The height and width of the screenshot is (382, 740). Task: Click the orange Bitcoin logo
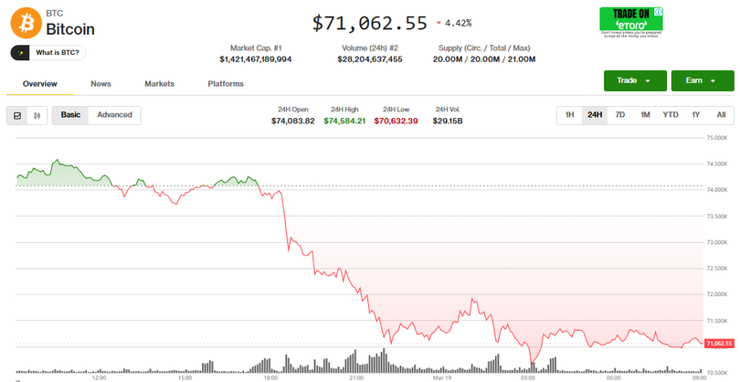point(26,21)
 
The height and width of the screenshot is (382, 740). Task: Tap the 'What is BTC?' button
point(51,53)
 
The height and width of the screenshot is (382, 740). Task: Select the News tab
point(100,84)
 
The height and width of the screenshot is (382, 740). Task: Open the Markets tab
point(159,84)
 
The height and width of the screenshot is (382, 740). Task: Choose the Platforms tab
point(226,84)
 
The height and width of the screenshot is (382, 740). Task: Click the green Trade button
point(634,80)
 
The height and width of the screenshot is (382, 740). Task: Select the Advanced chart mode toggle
point(114,115)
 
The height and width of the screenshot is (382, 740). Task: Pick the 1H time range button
point(569,115)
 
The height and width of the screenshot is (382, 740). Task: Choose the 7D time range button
point(620,115)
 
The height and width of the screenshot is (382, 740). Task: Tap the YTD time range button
point(671,115)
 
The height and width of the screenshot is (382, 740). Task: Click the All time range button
point(721,115)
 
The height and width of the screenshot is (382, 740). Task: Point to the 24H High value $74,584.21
point(344,121)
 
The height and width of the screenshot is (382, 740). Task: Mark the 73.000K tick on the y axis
point(715,242)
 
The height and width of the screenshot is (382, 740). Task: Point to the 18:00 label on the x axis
point(270,377)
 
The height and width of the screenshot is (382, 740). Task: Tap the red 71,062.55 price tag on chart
point(719,343)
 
